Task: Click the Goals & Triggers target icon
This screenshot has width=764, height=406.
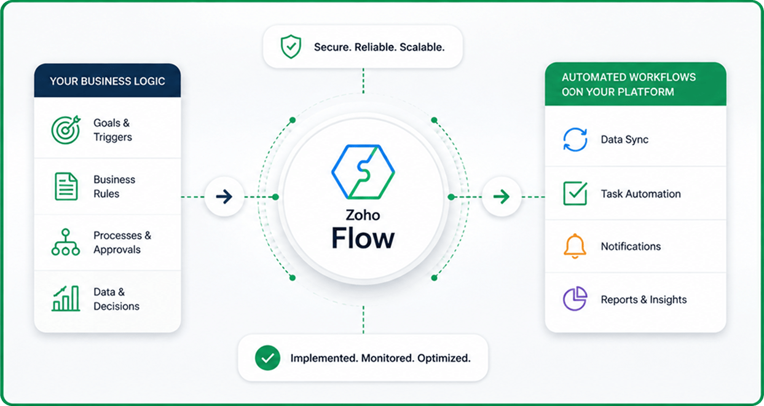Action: (66, 130)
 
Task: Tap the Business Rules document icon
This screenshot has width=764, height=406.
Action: (66, 186)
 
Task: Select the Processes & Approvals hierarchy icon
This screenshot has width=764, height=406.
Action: (66, 242)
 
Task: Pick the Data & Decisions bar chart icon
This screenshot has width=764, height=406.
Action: (66, 298)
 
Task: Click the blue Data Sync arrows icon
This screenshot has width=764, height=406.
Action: (575, 139)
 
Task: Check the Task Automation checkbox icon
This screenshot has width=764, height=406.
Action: (575, 193)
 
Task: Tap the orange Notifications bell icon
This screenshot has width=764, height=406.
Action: (575, 246)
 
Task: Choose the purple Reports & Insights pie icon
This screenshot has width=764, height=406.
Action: (575, 298)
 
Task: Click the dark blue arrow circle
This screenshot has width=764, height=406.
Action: (224, 196)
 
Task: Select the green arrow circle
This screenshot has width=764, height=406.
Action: (502, 196)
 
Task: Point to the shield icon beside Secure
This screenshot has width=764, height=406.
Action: (291, 46)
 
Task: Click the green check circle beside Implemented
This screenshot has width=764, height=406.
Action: (268, 358)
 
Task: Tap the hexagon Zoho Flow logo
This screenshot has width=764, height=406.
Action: (363, 172)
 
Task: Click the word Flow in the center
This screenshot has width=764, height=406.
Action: (363, 238)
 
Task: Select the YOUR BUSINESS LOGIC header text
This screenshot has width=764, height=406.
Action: (108, 81)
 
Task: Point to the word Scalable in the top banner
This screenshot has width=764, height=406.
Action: (422, 47)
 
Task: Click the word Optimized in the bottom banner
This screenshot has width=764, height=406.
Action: (444, 358)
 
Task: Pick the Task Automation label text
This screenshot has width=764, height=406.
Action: (641, 194)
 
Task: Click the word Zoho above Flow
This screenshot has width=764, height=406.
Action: (363, 215)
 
